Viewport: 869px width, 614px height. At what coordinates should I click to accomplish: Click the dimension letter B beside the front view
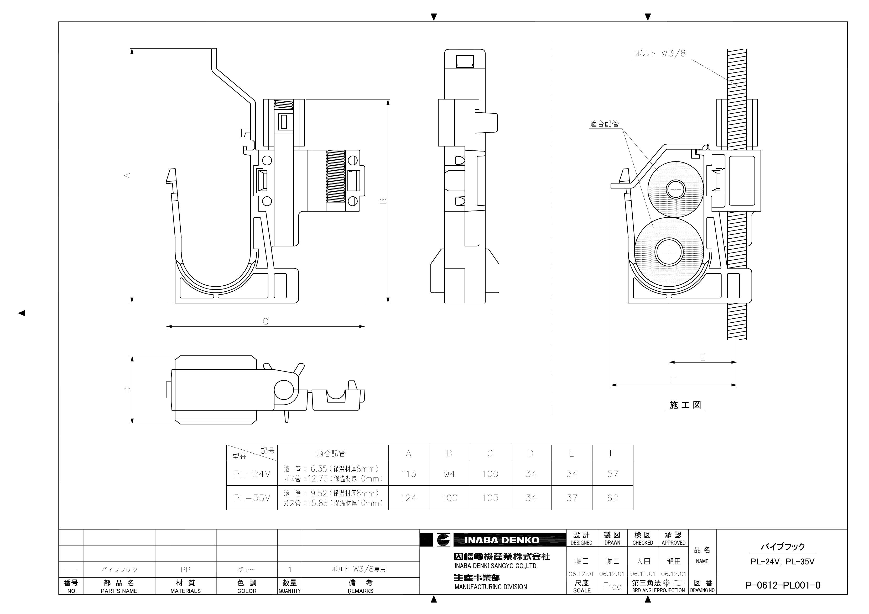tap(383, 201)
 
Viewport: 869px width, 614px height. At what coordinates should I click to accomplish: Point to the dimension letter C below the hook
tap(265, 321)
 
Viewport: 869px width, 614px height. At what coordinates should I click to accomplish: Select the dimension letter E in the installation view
tap(703, 357)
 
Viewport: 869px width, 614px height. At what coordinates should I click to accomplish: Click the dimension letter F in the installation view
tap(673, 380)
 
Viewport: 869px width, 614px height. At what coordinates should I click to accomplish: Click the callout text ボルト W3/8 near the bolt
tap(660, 53)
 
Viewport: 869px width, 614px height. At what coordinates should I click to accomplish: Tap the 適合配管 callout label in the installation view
tap(605, 124)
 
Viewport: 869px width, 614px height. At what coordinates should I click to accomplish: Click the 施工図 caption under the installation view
tap(685, 405)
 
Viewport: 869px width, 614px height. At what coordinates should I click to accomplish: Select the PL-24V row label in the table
tap(252, 474)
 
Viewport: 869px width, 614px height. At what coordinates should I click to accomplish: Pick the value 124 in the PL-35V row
tap(408, 498)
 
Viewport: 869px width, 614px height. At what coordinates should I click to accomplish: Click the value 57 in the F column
tap(612, 474)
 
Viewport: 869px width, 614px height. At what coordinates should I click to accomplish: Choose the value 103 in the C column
tap(490, 498)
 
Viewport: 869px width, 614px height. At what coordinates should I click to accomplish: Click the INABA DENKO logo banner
tap(502, 540)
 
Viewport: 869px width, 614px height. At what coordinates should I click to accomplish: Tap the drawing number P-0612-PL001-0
tap(783, 585)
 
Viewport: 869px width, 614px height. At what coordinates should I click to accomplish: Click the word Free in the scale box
tap(612, 586)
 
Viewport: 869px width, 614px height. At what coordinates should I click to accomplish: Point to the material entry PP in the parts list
tap(185, 569)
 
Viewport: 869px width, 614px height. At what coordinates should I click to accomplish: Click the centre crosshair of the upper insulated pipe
tap(676, 189)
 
